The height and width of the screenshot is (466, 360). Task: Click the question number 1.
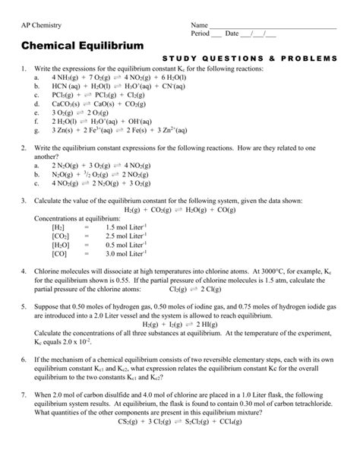(24, 68)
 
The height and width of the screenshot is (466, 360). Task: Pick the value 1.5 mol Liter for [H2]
(126, 227)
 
